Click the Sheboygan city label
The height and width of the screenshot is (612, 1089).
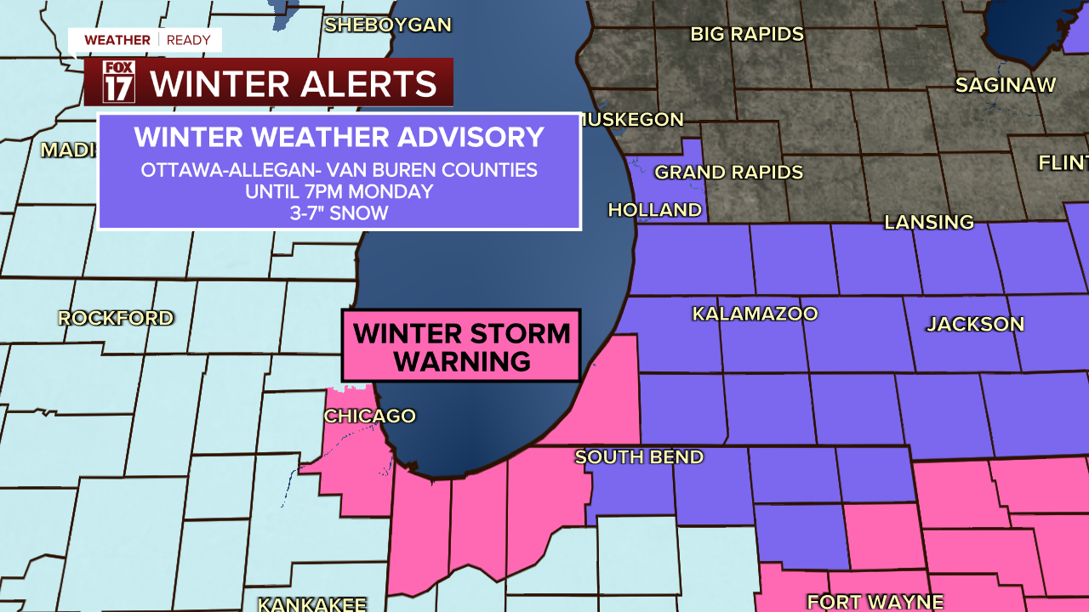[x=388, y=25]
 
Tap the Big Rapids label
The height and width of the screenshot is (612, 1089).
[x=747, y=34]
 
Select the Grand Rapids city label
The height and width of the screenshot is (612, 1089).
[x=728, y=173]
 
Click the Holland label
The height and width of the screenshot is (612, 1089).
[x=655, y=210]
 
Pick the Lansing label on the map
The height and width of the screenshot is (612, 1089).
[x=929, y=223]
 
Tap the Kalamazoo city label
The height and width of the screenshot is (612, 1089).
[x=755, y=314]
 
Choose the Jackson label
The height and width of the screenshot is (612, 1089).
[x=975, y=324]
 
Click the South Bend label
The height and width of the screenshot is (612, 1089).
[x=639, y=457]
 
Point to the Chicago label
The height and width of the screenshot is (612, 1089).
[x=369, y=416]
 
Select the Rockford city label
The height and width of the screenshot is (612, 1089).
[x=116, y=319]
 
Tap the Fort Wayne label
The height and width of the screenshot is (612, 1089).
[x=875, y=602]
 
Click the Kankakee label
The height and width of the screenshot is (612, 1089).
[x=312, y=604]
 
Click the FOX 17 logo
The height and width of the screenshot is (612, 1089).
[x=118, y=82]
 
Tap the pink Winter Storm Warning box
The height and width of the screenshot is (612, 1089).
[x=461, y=346]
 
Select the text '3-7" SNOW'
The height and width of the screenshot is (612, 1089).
[x=339, y=213]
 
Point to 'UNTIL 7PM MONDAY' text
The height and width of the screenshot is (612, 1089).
[x=339, y=191]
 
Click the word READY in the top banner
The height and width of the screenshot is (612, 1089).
[x=189, y=40]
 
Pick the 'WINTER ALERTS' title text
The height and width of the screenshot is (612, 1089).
[x=294, y=83]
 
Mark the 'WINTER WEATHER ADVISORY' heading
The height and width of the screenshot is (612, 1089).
[x=339, y=138]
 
